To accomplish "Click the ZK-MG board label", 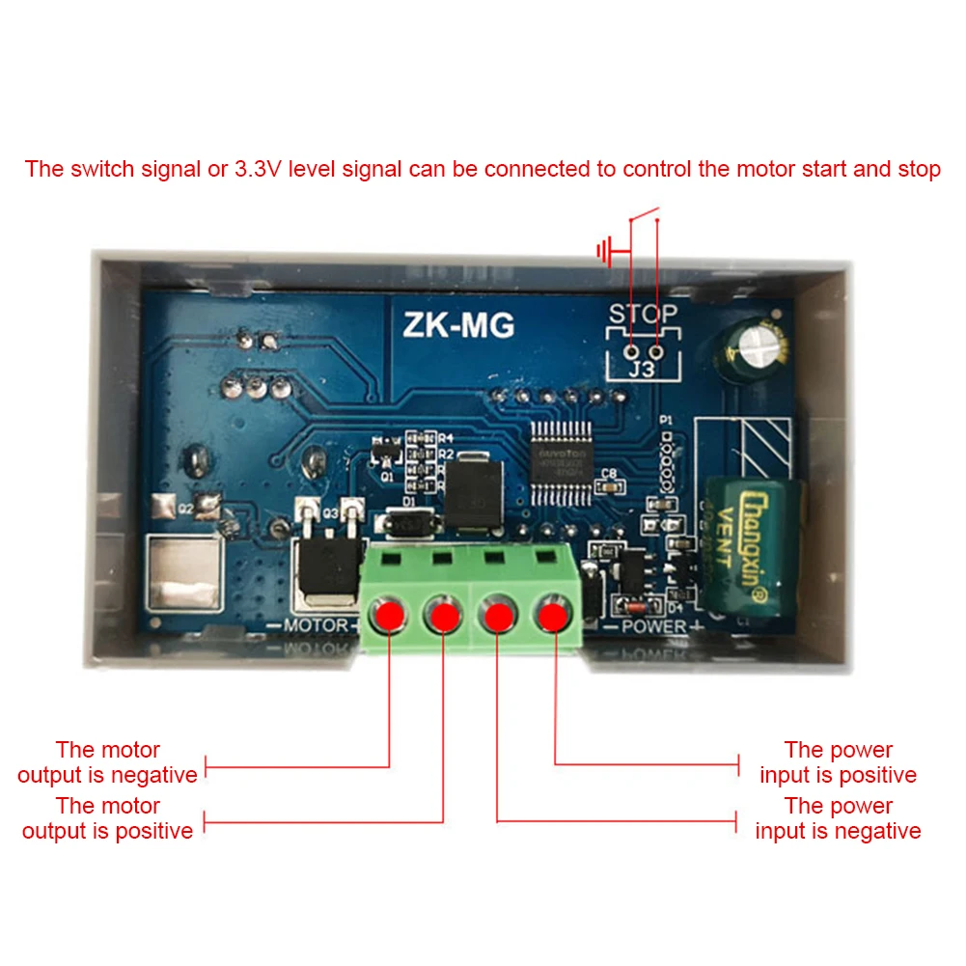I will pyautogui.click(x=458, y=325).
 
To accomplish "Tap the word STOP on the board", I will pyautogui.click(x=643, y=314).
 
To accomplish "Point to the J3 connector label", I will pyautogui.click(x=643, y=368).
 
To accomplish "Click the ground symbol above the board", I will pyautogui.click(x=607, y=254).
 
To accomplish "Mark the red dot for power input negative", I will pyautogui.click(x=497, y=615).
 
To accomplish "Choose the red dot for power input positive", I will pyautogui.click(x=552, y=614).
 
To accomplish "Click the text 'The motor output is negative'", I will pyautogui.click(x=107, y=762).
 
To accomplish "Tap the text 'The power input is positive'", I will pyautogui.click(x=838, y=762).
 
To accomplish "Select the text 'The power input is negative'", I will pyautogui.click(x=838, y=818).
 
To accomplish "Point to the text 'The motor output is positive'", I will pyautogui.click(x=107, y=818).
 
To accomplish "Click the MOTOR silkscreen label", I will pyautogui.click(x=316, y=626).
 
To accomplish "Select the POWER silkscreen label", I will pyautogui.click(x=652, y=626).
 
